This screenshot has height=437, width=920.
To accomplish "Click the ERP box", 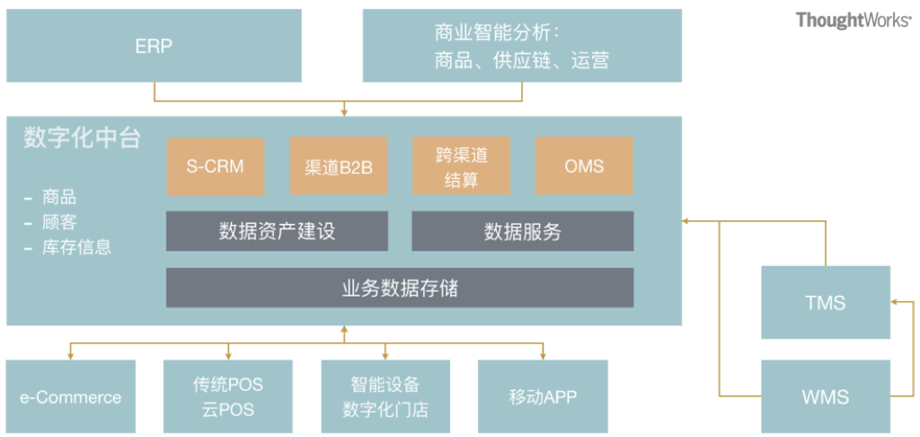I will [x=154, y=46].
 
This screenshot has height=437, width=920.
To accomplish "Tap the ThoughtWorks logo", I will [x=853, y=20].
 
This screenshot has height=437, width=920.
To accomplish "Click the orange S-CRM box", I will [x=215, y=165].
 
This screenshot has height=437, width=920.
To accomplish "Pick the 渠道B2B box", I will [x=338, y=165].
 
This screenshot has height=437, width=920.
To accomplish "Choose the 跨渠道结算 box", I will [x=461, y=165].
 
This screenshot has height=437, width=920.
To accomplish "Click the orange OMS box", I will [x=584, y=165].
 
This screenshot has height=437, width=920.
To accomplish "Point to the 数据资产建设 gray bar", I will [x=277, y=231].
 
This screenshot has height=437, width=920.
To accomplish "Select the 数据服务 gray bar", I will [x=522, y=231].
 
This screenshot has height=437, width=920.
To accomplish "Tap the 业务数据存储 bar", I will [x=400, y=288].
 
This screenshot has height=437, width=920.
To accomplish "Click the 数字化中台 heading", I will [x=83, y=138].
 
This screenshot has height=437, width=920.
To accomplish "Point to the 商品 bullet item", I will [x=59, y=197].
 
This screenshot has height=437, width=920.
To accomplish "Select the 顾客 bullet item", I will [x=59, y=221].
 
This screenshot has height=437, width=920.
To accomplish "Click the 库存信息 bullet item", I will [x=76, y=245].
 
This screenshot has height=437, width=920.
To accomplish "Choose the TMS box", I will [x=825, y=302].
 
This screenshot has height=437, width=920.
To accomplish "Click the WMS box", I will [x=825, y=396].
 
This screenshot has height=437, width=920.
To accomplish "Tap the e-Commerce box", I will [x=71, y=397].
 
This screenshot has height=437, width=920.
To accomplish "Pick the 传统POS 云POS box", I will [x=228, y=397].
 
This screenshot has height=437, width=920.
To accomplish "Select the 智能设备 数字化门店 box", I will [x=385, y=397].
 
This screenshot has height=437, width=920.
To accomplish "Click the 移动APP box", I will [x=543, y=397].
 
